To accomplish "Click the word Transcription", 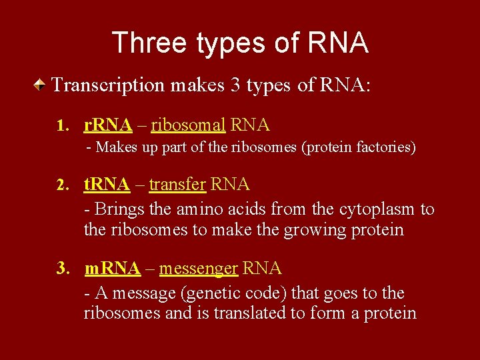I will point(109,85).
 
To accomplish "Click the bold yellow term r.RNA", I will point(108,125).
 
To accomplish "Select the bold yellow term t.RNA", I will point(107,184).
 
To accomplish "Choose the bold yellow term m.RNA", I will point(113,269).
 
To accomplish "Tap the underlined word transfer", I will point(176,184).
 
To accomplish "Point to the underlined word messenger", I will point(199,269).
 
